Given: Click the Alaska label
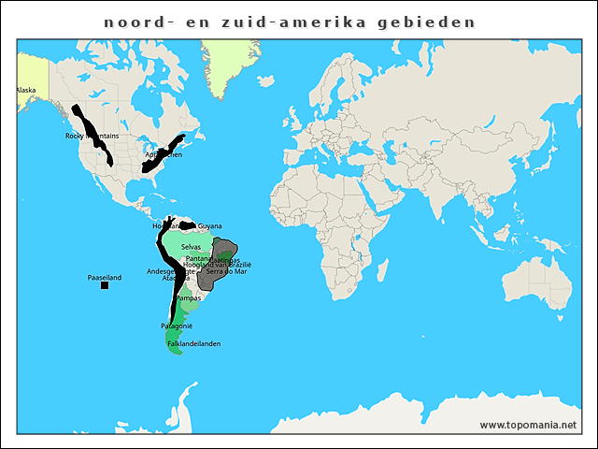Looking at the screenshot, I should [x=25, y=90].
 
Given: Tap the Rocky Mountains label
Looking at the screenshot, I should [x=93, y=137].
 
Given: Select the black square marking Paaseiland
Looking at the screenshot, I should [x=105, y=285].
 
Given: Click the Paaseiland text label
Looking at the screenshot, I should [x=105, y=278].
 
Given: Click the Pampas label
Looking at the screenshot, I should [x=189, y=298].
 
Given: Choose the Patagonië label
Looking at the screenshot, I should [x=177, y=326].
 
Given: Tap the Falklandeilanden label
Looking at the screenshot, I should [x=194, y=344].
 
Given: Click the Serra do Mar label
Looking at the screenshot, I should [x=226, y=271].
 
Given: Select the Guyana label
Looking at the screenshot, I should [x=210, y=226].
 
